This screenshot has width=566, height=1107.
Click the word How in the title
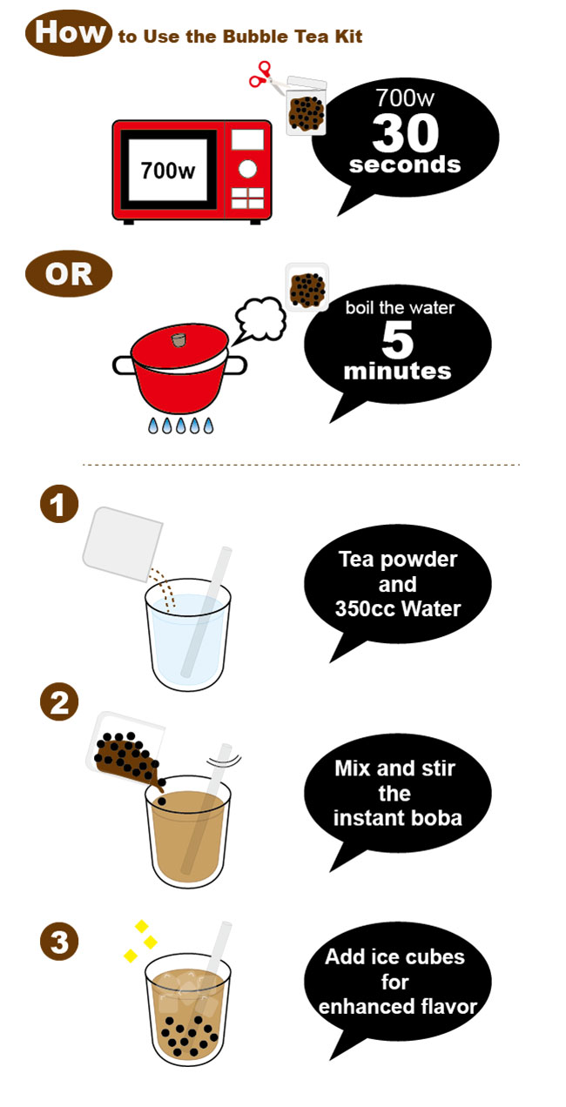pyautogui.click(x=70, y=32)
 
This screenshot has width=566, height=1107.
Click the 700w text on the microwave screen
pyautogui.click(x=167, y=171)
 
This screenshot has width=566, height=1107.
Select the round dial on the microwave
pyautogui.click(x=247, y=169)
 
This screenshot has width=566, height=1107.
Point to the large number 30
pyautogui.click(x=406, y=133)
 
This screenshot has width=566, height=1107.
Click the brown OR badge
pyautogui.click(x=69, y=274)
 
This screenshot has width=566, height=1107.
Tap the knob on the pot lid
pyautogui.click(x=179, y=339)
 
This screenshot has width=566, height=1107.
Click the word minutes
pyautogui.click(x=397, y=371)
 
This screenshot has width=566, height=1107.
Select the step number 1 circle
pyautogui.click(x=59, y=504)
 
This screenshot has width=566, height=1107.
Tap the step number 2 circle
pyautogui.click(x=59, y=701)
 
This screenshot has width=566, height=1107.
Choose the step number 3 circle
pyautogui.click(x=59, y=942)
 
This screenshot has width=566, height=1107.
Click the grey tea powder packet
pyautogui.click(x=123, y=544)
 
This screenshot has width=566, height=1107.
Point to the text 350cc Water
pyautogui.click(x=398, y=608)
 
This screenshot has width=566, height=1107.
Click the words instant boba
pyautogui.click(x=398, y=818)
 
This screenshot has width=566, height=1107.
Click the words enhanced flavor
pyautogui.click(x=398, y=1007)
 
